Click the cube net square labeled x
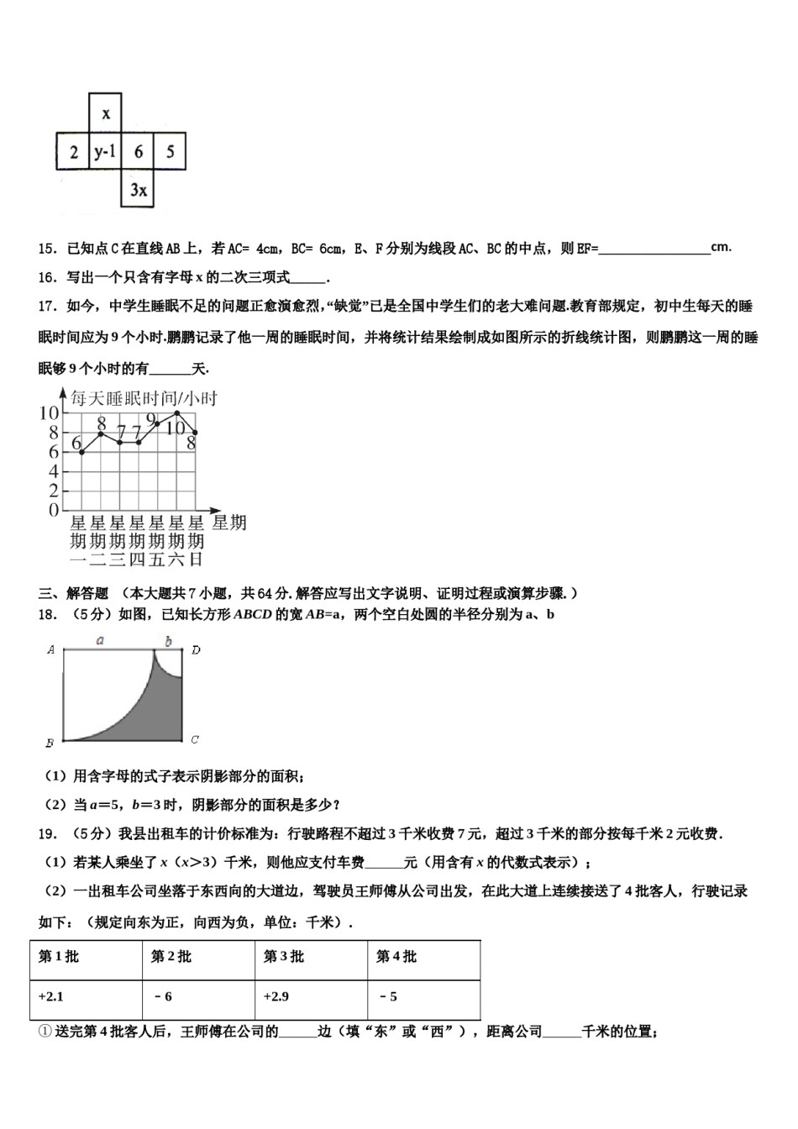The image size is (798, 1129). tap(105, 113)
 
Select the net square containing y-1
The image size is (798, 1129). tap(105, 152)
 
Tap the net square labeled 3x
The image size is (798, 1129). tap(138, 190)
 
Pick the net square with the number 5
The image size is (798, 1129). tap(171, 152)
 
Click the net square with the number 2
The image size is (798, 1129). tap(73, 152)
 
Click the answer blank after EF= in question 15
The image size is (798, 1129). tap(654, 248)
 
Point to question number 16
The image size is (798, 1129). tap(47, 277)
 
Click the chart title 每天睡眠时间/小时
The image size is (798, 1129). tap(143, 398)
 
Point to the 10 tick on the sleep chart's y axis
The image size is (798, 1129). tap(49, 412)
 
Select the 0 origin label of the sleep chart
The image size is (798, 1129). tap(53, 510)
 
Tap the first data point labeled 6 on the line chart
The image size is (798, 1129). tap(81, 452)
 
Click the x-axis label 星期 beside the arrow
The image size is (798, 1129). tap(228, 523)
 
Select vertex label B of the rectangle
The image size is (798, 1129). tap(50, 743)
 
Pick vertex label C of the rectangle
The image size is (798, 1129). tap(194, 739)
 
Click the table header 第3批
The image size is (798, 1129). tap(284, 957)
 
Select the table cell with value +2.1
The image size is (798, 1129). tap(51, 997)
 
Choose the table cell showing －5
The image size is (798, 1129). tap(387, 997)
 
